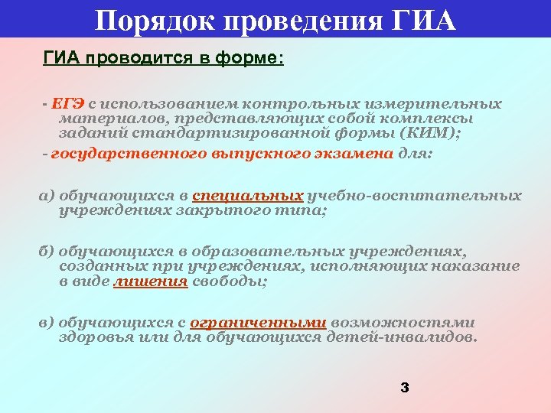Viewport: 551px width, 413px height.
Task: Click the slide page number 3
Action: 405,388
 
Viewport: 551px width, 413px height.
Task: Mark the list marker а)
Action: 47,195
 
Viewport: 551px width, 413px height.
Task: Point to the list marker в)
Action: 47,323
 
